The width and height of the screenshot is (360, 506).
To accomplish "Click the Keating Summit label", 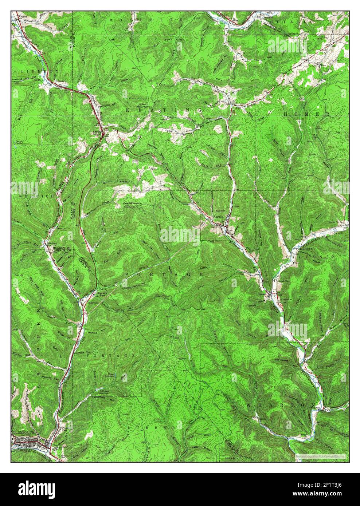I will [x=97, y=133].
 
